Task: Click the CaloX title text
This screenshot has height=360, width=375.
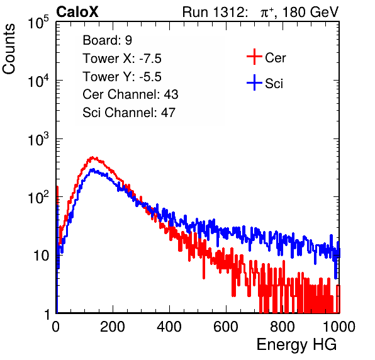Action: coord(77,12)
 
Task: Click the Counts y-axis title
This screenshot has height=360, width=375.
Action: coord(9,49)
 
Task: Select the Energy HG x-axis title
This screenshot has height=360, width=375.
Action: coord(296,344)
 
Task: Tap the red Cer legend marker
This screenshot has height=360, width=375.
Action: coord(254,57)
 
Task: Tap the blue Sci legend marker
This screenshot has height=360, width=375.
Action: coord(254,83)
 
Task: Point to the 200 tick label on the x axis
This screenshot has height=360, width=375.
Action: coord(113,326)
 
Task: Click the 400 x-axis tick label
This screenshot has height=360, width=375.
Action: coord(169,326)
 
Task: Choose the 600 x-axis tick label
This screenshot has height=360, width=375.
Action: coord(226,326)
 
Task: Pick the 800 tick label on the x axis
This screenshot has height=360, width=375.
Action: coord(283,326)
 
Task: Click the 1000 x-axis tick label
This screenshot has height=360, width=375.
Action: coord(339,326)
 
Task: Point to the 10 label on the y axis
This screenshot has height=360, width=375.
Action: coord(42,256)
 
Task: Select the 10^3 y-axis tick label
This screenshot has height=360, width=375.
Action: coord(38,139)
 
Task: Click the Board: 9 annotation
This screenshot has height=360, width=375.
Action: coord(108,40)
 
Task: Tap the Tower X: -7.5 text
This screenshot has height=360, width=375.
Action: coord(122,59)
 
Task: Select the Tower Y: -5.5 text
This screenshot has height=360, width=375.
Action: coord(122,77)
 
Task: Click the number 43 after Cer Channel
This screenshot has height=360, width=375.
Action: coord(171,94)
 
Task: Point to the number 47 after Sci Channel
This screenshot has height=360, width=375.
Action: coord(168,113)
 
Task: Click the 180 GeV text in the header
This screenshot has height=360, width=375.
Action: coord(310,12)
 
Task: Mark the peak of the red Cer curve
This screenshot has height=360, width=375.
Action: coord(92,157)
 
